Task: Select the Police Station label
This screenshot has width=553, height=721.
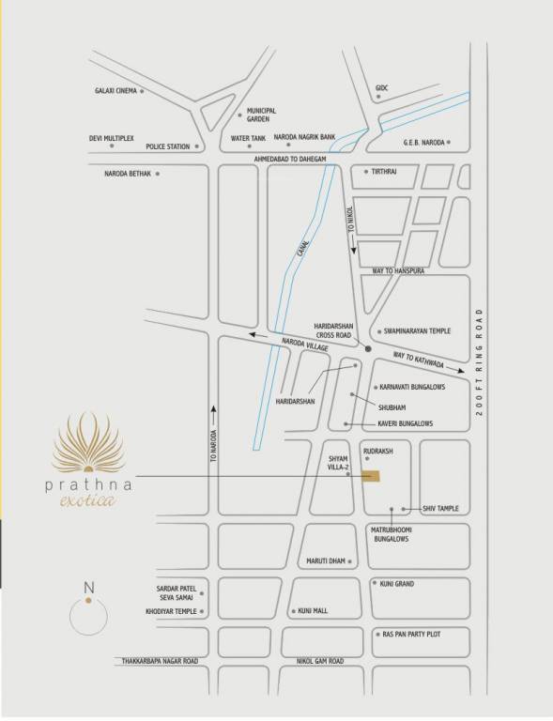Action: [167, 146]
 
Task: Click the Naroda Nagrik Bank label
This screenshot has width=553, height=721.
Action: [308, 138]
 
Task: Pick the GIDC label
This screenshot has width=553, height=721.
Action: [380, 88]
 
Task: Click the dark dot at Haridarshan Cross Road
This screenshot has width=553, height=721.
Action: [368, 349]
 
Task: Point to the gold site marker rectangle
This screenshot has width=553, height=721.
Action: [373, 477]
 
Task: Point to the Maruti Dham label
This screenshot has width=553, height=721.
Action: [326, 561]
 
